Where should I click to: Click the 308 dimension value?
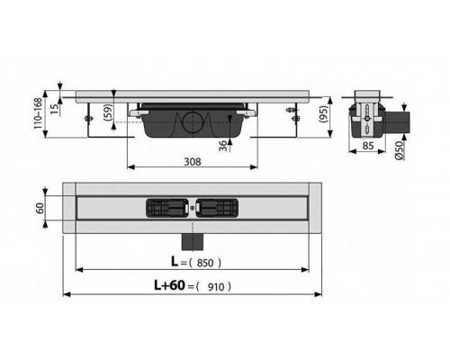192,161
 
